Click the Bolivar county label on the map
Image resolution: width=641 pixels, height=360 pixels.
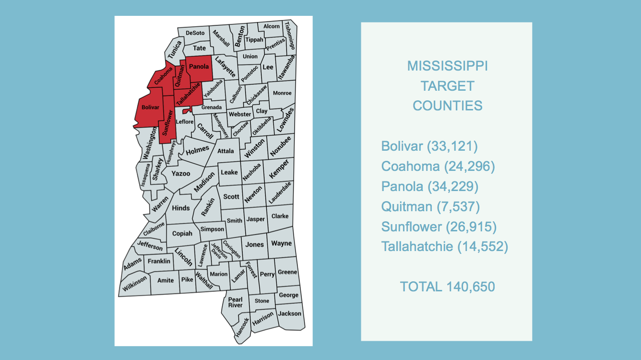click(x=150, y=107)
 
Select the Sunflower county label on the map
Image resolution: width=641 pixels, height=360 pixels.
click(x=167, y=123)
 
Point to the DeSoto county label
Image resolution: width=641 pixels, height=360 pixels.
click(x=195, y=33)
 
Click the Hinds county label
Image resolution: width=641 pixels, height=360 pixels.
click(x=181, y=208)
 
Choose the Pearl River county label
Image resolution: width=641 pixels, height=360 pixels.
click(x=235, y=302)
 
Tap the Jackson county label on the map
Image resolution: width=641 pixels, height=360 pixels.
click(x=290, y=313)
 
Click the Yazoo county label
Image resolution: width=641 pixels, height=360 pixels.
click(x=181, y=174)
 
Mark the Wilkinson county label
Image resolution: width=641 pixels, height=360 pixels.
click(x=135, y=284)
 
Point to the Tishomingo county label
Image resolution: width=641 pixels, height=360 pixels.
click(x=289, y=36)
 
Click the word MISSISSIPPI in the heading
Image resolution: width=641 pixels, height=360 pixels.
click(x=447, y=66)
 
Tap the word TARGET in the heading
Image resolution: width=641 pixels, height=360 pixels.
click(x=447, y=86)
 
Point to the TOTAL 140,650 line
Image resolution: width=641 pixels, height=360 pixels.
click(x=447, y=287)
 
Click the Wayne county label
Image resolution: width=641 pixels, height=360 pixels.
click(x=281, y=243)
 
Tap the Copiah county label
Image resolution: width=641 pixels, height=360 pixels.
click(x=182, y=234)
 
